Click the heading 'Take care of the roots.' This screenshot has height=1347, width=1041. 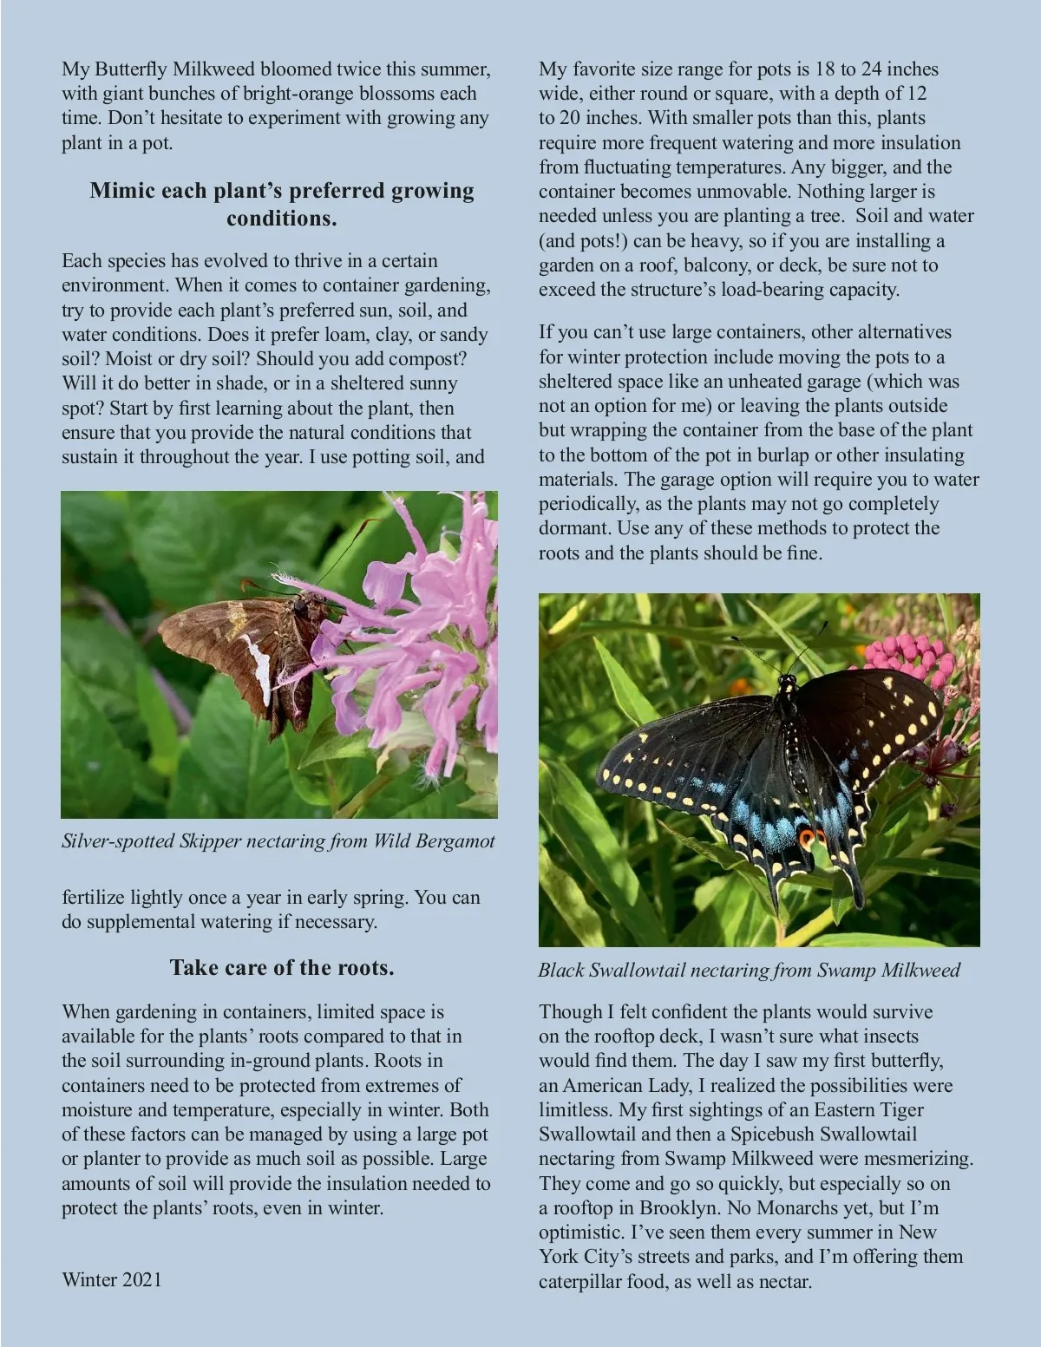point(282,968)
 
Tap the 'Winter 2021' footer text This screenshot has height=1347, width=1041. point(112,1279)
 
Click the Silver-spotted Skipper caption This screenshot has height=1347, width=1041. point(278,840)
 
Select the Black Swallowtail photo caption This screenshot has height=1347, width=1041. point(749,970)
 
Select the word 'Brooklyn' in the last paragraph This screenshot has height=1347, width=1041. point(678,1207)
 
